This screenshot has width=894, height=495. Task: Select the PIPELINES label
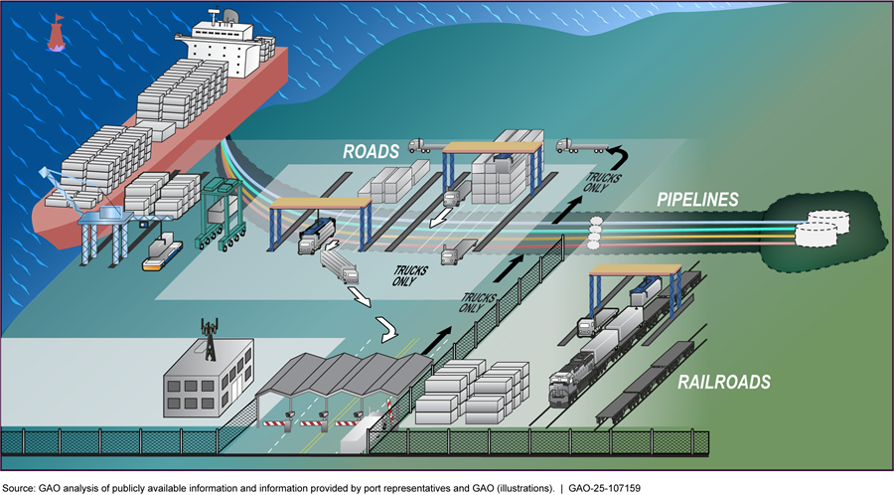pyautogui.click(x=697, y=200)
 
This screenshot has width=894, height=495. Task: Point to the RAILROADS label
pyautogui.click(x=724, y=382)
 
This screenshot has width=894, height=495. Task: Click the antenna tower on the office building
pyautogui.click(x=211, y=338)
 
